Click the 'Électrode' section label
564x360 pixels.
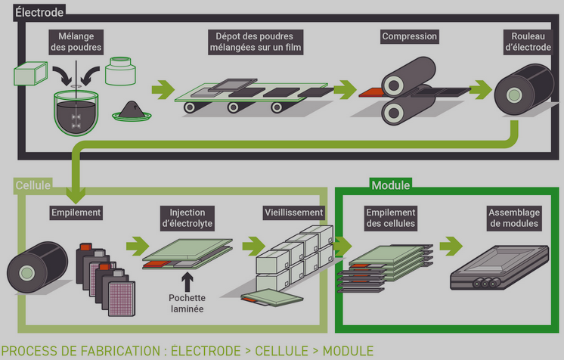[x=39, y=12]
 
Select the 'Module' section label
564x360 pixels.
[x=391, y=185]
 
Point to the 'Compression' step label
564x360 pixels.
[x=410, y=36]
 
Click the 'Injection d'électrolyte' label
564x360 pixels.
[x=187, y=218]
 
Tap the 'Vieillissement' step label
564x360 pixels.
[x=294, y=213]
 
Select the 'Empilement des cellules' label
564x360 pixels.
[x=390, y=218]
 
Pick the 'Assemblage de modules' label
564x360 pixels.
[x=513, y=218]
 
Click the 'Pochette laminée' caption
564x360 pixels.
[x=187, y=303]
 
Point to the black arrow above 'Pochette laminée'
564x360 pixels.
[x=187, y=278]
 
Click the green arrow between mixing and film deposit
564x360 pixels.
[x=163, y=91]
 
